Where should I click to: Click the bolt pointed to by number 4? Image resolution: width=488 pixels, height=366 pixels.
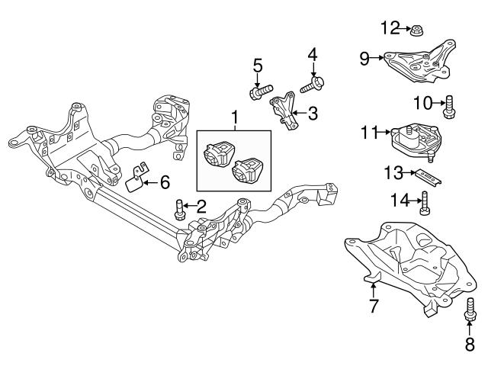(x=313, y=84)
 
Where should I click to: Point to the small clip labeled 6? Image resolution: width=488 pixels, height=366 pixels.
(x=134, y=178)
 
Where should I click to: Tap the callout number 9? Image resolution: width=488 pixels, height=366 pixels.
(x=364, y=57)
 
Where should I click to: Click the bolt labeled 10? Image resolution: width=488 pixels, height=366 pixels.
(x=449, y=106)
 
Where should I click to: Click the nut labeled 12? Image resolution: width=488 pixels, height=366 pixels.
(x=418, y=31)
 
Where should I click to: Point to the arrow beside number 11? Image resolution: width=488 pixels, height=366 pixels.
(x=385, y=133)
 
